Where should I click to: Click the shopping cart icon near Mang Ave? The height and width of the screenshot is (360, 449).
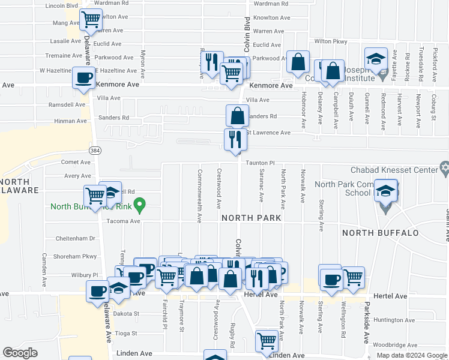(x=91, y=19)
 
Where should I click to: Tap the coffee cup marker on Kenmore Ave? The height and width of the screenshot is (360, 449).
(x=83, y=77)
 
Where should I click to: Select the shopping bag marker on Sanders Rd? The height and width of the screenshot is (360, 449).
(x=237, y=115)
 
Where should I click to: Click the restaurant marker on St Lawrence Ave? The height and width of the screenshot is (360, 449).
(x=235, y=139)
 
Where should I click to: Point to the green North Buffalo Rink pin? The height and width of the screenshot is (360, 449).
(x=140, y=206)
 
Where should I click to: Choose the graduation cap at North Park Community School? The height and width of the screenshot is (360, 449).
(x=385, y=191)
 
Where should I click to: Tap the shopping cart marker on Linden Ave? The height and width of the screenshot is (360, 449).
(x=267, y=341)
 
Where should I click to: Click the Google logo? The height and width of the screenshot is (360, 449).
(x=20, y=353)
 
